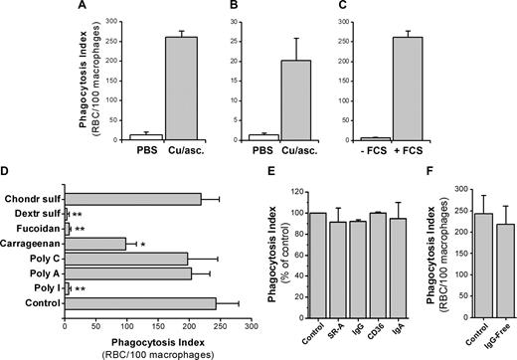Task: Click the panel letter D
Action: point(9,178)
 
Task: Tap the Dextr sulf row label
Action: point(35,213)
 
